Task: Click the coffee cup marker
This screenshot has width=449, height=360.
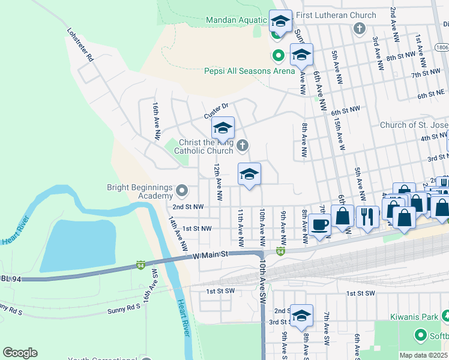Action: point(319,225)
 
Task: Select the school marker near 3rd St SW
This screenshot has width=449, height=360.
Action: point(302,316)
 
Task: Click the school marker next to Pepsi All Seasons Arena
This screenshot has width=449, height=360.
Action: point(301,56)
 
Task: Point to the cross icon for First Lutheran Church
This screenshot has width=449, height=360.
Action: point(359,28)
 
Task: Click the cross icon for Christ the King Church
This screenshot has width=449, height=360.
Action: point(242,145)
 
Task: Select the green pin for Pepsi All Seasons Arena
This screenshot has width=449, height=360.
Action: point(278,56)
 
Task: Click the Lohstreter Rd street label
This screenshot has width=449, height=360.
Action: point(80,45)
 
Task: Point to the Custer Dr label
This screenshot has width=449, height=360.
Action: point(217,110)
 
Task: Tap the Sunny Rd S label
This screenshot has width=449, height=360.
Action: point(124,307)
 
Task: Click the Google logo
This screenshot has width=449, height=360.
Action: point(20,352)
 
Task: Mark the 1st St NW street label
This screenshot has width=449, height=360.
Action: point(197,229)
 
